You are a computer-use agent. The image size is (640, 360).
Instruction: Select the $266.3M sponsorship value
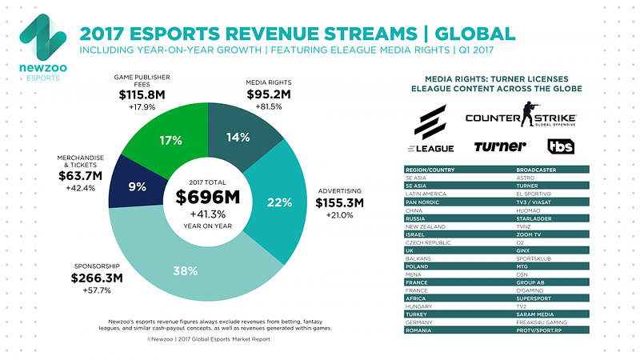[98, 279]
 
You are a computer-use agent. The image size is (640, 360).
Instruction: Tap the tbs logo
[561, 146]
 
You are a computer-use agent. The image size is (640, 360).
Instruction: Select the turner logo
[500, 146]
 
